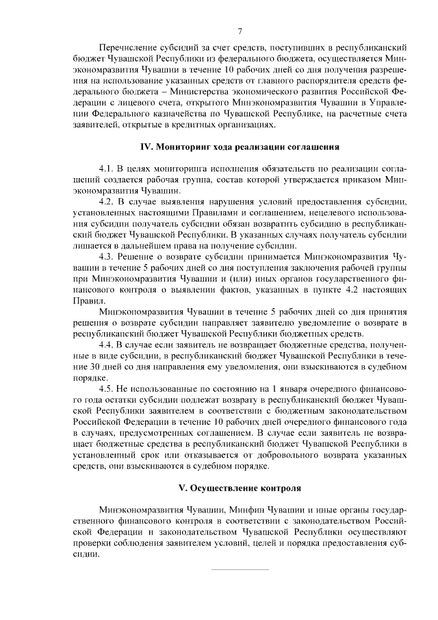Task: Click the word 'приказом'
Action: click(365, 179)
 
